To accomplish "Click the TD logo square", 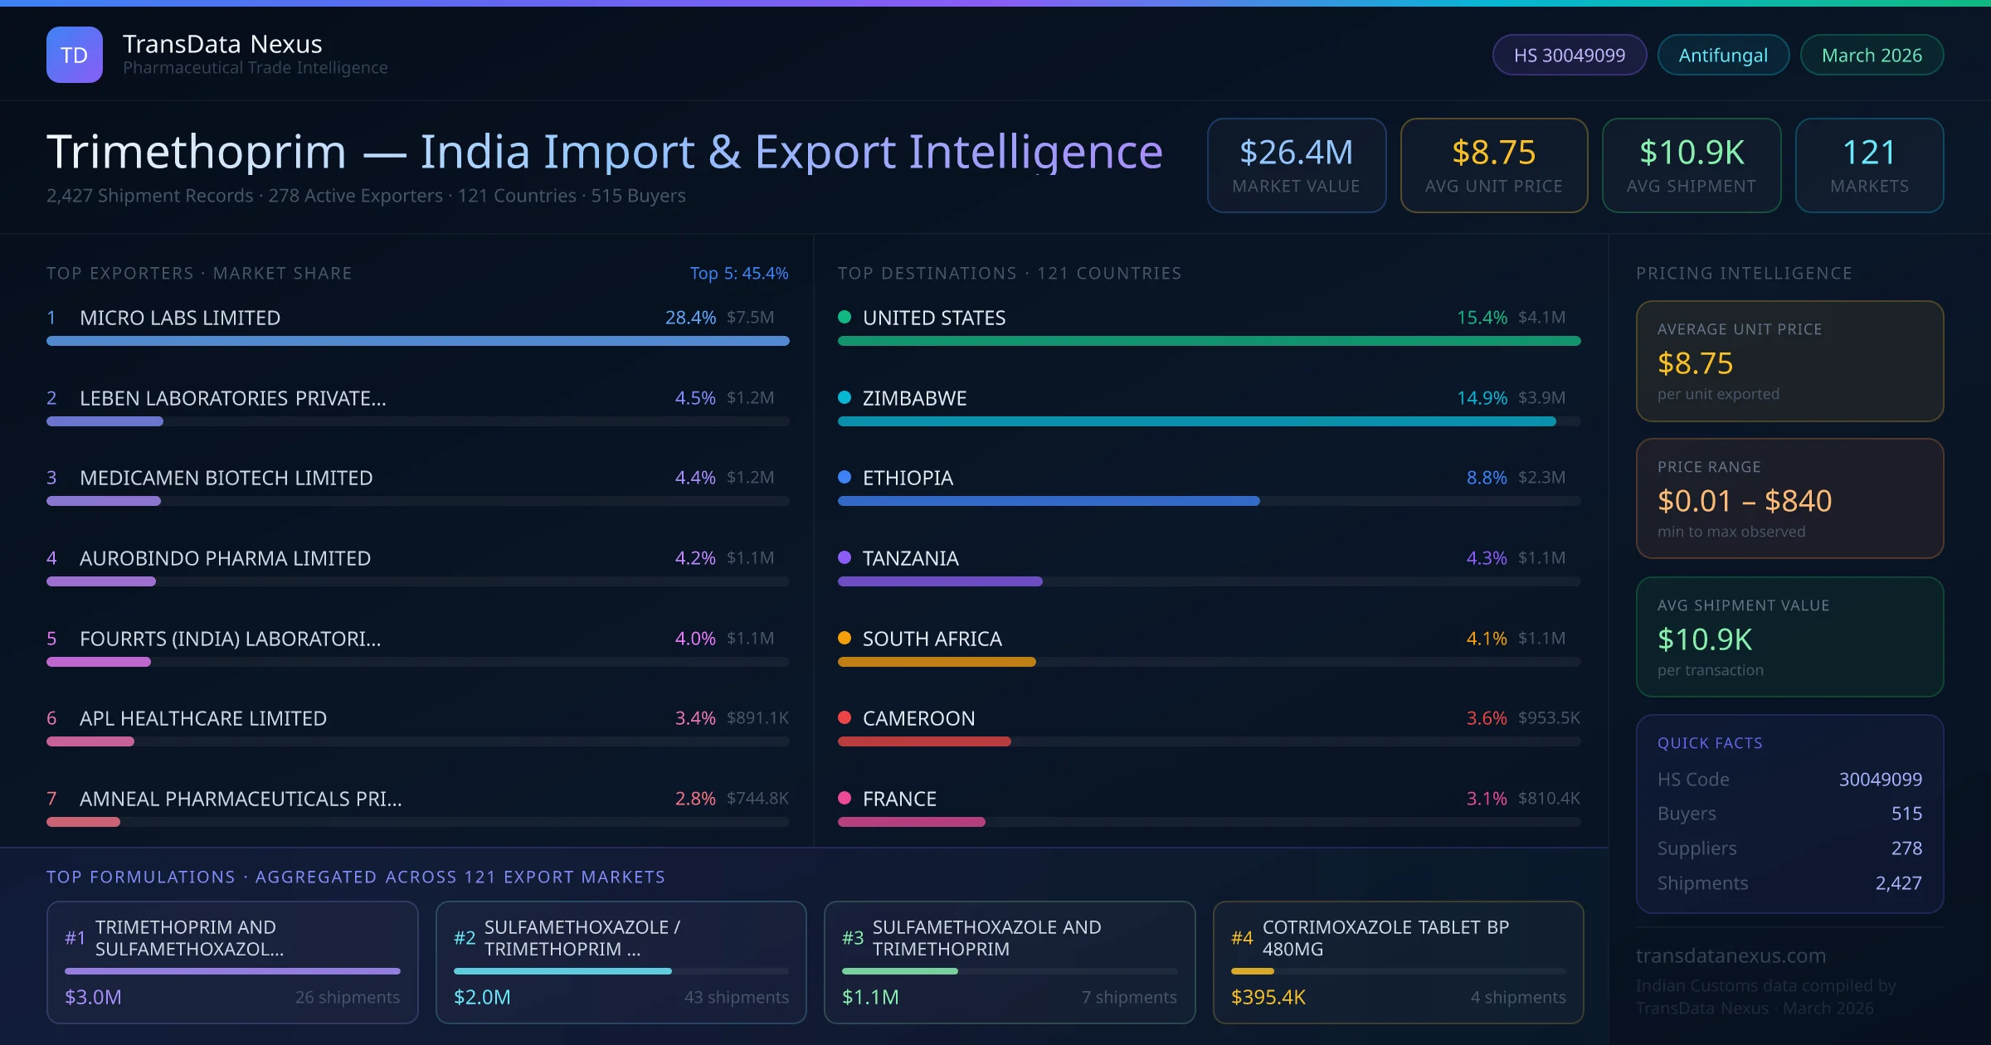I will click(x=74, y=55).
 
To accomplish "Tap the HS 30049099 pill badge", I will click(x=1569, y=55).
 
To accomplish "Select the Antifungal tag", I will click(x=1722, y=55).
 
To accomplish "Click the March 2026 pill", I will click(x=1871, y=55).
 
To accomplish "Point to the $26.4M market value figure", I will click(x=1296, y=153).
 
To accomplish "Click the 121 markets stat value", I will click(x=1868, y=153).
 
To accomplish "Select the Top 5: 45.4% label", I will click(x=738, y=273).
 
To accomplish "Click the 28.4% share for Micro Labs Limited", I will click(x=689, y=318).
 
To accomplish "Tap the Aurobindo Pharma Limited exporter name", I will click(x=225, y=558).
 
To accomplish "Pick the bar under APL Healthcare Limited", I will click(x=91, y=741).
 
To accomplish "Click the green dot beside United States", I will click(x=845, y=317).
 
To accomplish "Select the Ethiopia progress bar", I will click(x=1048, y=501).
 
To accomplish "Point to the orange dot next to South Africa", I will click(x=845, y=638).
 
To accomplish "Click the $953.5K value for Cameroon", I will click(x=1548, y=718).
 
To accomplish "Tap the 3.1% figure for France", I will click(x=1486, y=799).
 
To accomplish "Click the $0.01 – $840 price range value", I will click(x=1744, y=501).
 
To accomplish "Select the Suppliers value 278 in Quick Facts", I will click(x=1906, y=848).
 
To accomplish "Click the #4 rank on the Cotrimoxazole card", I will click(x=1241, y=938).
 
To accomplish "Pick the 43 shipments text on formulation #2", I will click(x=736, y=997).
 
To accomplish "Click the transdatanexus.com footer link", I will click(x=1730, y=955).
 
